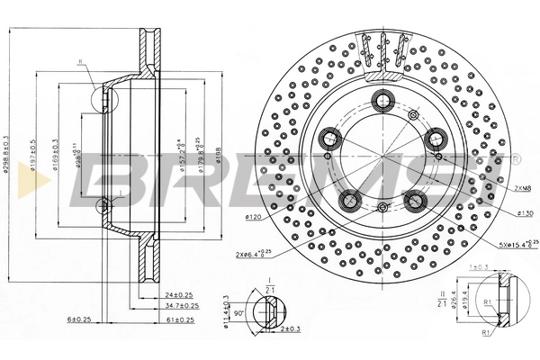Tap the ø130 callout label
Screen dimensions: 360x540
(526, 212)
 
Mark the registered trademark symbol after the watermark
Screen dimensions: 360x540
(515, 158)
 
